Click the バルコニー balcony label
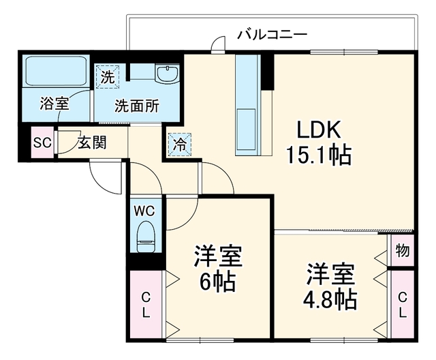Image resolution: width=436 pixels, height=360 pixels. (x=272, y=35)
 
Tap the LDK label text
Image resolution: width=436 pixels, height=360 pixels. (x=319, y=130)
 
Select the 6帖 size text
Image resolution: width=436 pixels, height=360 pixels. (x=217, y=282)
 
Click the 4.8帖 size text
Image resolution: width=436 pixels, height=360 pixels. (x=330, y=299)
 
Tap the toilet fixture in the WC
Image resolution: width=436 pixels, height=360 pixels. (x=146, y=237)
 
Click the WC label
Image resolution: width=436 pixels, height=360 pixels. (x=144, y=211)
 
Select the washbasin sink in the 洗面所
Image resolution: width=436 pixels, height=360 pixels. (x=167, y=74)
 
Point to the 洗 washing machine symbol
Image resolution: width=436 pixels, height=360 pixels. (x=107, y=77)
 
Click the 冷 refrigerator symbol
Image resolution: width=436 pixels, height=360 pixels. (x=180, y=145)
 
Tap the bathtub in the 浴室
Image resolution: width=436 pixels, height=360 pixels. (x=56, y=72)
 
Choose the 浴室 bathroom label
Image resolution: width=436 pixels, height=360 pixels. (x=54, y=104)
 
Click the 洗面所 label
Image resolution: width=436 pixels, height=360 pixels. (x=137, y=106)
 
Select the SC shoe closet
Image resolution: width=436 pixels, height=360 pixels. (x=42, y=142)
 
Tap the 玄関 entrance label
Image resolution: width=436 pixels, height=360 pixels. (x=93, y=143)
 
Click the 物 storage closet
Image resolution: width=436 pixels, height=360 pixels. (x=403, y=250)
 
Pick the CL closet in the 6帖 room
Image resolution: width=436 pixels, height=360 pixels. (x=146, y=305)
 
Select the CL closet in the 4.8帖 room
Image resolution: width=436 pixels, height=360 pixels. (x=403, y=305)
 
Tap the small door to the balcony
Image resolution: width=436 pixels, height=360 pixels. (x=218, y=44)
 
